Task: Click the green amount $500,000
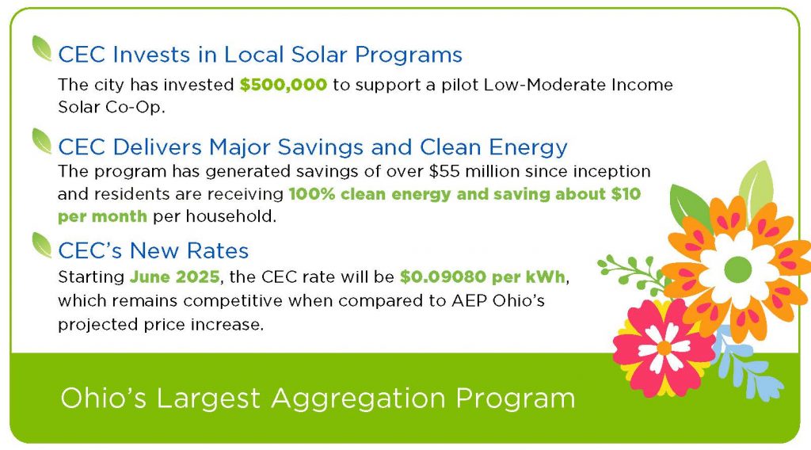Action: [284, 84]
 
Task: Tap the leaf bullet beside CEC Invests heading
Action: [42, 48]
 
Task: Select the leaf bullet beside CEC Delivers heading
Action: [42, 141]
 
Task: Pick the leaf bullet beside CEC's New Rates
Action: [42, 245]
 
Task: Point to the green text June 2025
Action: [175, 276]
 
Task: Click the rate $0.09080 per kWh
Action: [482, 276]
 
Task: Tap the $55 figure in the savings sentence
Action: [444, 171]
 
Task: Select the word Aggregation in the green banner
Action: [358, 399]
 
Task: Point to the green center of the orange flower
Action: [737, 269]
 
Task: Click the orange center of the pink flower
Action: [664, 348]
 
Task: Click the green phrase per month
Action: [102, 216]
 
